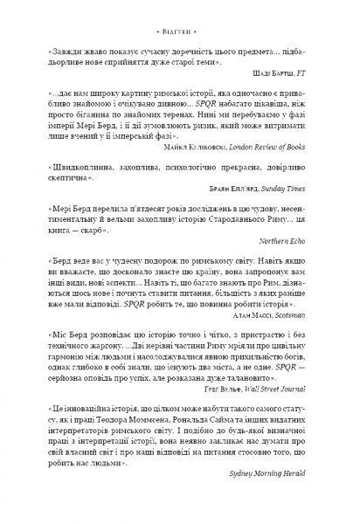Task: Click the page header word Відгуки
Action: (180, 16)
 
